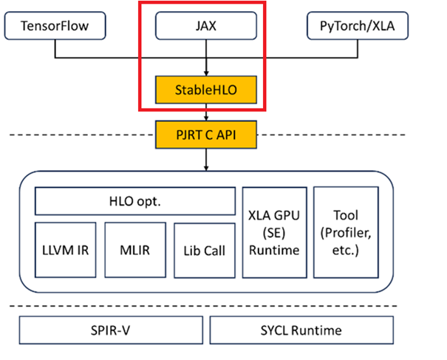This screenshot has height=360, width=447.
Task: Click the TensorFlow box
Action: (x=55, y=27)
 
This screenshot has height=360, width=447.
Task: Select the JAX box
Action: (x=206, y=27)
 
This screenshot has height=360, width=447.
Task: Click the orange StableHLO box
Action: (x=206, y=91)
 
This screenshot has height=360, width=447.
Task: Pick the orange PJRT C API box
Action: (x=206, y=135)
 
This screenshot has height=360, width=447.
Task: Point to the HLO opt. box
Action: (x=134, y=200)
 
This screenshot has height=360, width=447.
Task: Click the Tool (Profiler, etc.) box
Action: (x=346, y=231)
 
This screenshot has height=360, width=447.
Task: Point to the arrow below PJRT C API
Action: (x=206, y=159)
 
